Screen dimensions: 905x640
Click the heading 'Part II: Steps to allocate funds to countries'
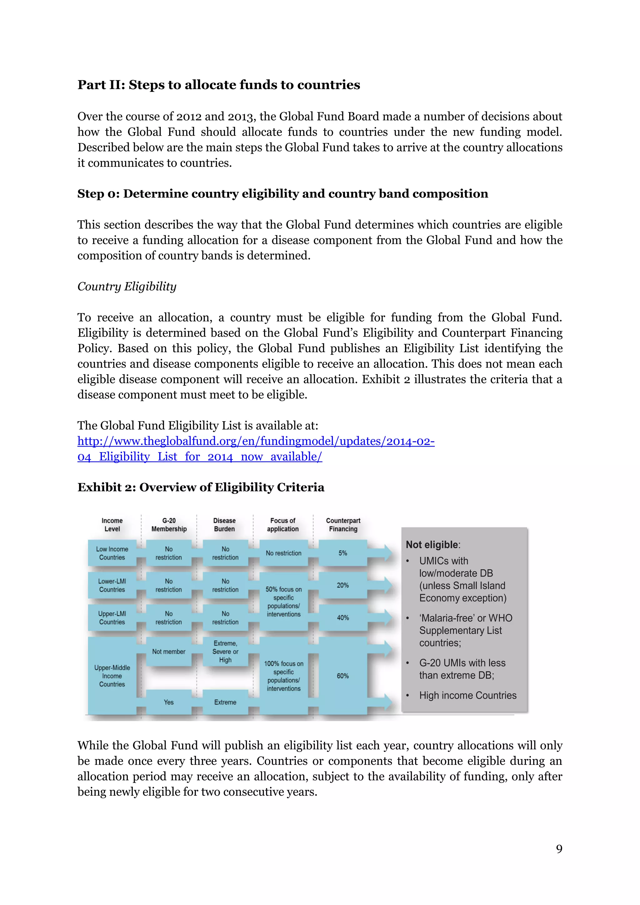218,85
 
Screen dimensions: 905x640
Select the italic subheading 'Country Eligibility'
127,287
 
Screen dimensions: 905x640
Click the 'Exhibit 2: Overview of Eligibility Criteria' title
201,487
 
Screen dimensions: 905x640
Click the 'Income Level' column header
112,525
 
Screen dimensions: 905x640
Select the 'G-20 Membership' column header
169,525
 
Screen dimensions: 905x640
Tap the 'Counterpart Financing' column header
343,525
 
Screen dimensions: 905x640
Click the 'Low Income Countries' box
112,553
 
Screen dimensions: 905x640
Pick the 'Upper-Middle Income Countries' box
112,676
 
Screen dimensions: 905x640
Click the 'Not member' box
169,652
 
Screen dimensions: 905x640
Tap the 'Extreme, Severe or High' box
225,652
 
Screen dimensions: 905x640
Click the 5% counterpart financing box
342,553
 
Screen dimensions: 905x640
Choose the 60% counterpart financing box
342,676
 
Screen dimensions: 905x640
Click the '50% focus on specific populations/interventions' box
283,602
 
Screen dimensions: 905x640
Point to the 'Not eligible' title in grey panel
432,545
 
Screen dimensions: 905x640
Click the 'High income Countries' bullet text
467,695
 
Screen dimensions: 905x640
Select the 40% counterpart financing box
342,617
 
